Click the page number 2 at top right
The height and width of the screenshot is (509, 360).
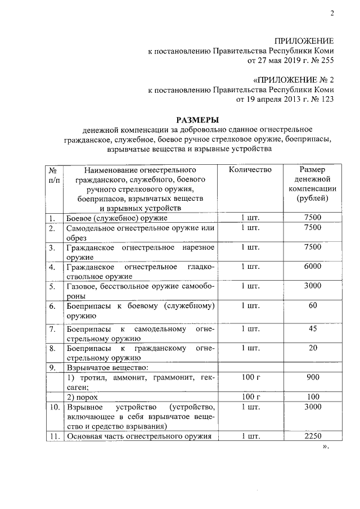click(x=332, y=15)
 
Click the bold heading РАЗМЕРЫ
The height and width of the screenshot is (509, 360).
click(x=196, y=119)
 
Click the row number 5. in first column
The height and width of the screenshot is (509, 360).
click(x=52, y=286)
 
